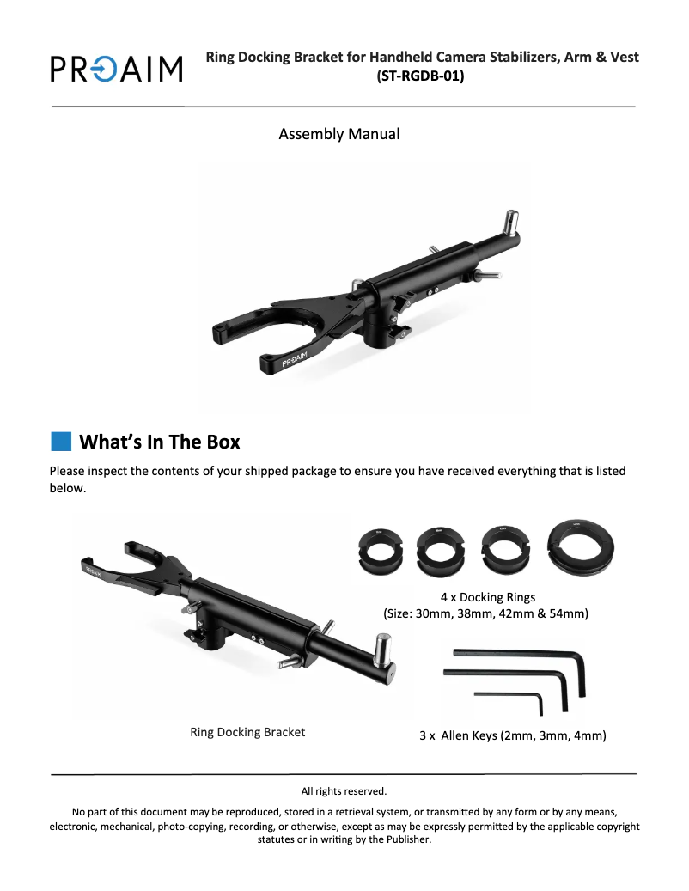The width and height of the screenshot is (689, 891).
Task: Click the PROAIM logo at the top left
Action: pos(117,69)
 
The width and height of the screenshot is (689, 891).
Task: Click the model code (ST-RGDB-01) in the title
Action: pos(420,76)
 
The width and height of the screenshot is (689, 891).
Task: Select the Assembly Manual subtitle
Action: pos(339,134)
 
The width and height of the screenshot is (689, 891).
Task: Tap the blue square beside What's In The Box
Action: pos(61,442)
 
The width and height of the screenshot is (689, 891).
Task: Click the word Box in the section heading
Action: pos(223,442)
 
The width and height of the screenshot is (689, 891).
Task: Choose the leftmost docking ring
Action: pos(381,550)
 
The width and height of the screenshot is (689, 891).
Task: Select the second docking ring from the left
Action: pos(440,550)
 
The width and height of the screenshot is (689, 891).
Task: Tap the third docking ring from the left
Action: pos(505,549)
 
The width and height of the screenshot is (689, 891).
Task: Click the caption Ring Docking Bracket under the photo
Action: pos(247,732)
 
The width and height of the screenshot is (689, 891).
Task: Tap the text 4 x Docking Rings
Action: pos(488,597)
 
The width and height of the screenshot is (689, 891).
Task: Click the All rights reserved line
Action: pos(344,791)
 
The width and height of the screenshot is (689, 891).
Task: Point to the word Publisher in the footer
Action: pos(408,839)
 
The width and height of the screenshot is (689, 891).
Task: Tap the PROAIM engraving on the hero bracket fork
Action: pos(294,360)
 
